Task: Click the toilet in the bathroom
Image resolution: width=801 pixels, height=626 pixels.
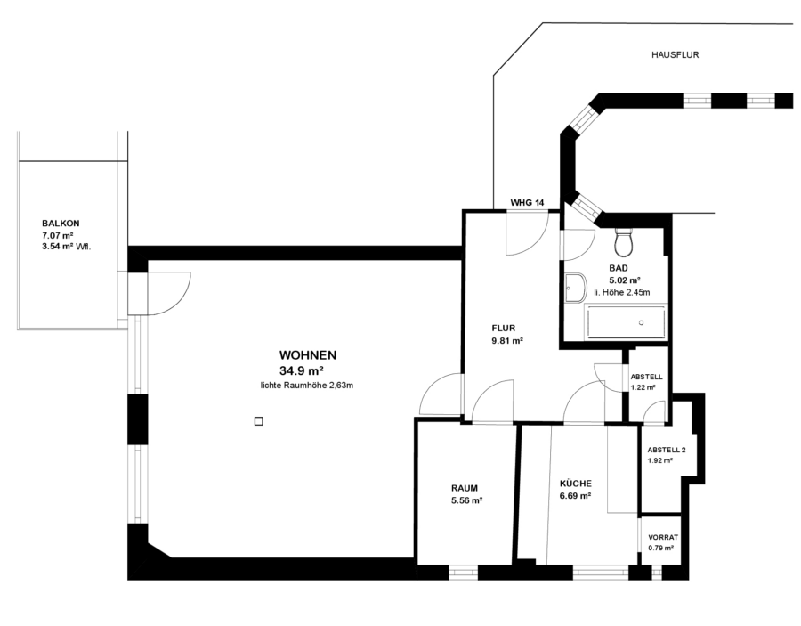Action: pos(624,241)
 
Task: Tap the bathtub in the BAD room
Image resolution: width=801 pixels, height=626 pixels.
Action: pos(626,322)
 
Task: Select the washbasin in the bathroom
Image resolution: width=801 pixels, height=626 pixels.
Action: pos(576,289)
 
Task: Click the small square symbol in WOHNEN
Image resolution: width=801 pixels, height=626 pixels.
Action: pos(258,421)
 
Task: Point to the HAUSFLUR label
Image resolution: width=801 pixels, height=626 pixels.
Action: pos(675,54)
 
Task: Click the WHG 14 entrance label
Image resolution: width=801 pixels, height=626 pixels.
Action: pos(527,203)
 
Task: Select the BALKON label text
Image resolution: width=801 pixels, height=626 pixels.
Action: pos(61,224)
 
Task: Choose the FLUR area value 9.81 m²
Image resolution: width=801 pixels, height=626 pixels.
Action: pos(506,340)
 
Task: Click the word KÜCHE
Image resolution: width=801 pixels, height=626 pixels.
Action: pos(575,484)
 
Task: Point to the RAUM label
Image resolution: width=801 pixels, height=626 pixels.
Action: pos(465,488)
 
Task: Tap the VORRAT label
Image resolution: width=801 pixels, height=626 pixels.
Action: pos(663,537)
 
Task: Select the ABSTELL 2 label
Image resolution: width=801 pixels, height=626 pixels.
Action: pos(666,451)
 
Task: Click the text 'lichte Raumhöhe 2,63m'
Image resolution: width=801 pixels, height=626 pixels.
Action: pos(307,386)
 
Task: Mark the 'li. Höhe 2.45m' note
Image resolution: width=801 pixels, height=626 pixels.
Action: pos(622,292)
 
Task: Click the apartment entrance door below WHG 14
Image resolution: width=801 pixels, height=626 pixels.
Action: pos(527,233)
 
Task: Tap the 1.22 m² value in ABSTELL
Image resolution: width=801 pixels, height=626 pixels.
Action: pos(643,387)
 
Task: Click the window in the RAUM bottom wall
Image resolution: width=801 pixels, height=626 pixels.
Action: pos(464,573)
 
